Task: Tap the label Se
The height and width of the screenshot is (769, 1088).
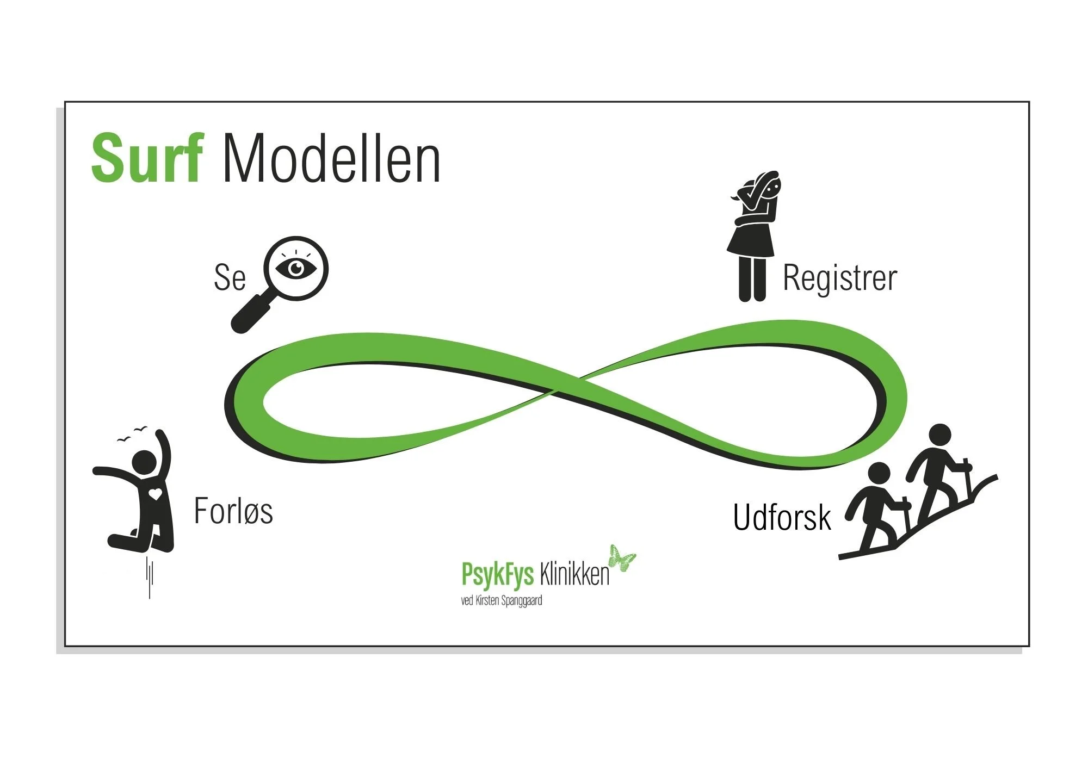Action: click(x=230, y=277)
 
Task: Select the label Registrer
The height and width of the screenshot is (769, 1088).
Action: click(x=839, y=278)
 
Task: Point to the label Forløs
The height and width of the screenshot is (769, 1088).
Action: click(x=233, y=511)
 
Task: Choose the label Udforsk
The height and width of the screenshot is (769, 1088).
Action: click(x=782, y=517)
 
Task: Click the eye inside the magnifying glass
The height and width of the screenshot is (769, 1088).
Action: click(x=296, y=268)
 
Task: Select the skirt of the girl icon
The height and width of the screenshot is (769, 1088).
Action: click(x=751, y=241)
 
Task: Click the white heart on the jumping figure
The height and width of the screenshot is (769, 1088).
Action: click(x=156, y=494)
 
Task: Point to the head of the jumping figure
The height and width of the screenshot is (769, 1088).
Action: click(x=145, y=463)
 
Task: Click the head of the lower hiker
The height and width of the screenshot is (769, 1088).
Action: click(x=879, y=473)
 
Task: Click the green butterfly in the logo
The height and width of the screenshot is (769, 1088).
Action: click(x=622, y=558)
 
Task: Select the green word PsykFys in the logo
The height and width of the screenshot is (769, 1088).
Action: click(x=497, y=574)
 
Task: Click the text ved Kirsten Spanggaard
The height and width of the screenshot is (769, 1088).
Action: click(x=501, y=601)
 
